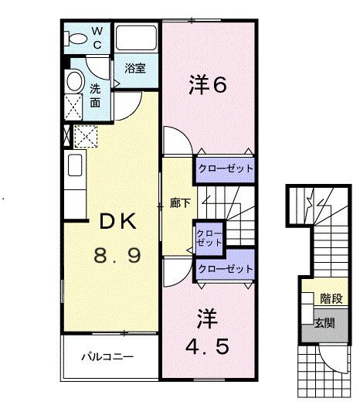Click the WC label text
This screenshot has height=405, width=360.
tap(98, 37)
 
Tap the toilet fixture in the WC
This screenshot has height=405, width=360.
tap(78, 38)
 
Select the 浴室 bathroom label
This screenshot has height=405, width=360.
tap(135, 67)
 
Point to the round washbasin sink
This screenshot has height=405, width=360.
tap(74, 81)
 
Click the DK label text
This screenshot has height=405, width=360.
tap(117, 223)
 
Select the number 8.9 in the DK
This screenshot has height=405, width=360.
tap(117, 256)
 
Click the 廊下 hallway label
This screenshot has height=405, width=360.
tap(176, 203)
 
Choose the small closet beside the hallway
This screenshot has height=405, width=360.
tap(207, 237)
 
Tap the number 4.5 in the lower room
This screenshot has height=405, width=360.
tap(207, 346)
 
